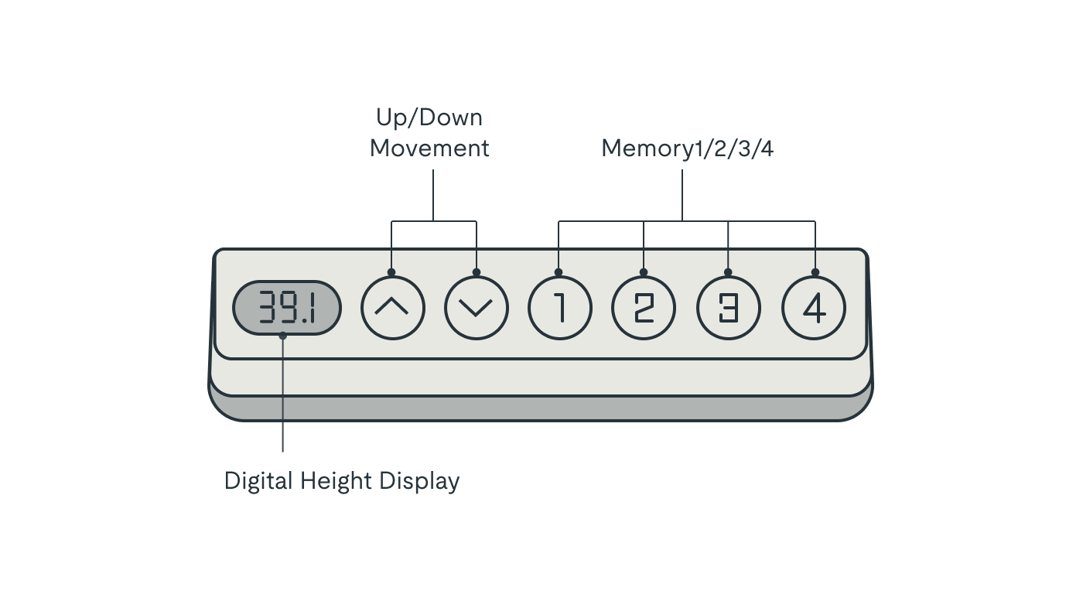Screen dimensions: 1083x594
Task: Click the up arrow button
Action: pyautogui.click(x=393, y=308)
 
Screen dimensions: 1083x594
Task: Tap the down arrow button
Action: pyautogui.click(x=477, y=308)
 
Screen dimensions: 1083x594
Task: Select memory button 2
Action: pyautogui.click(x=644, y=308)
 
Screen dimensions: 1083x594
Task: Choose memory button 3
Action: pyautogui.click(x=729, y=308)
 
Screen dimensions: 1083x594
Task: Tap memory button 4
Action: pyautogui.click(x=814, y=308)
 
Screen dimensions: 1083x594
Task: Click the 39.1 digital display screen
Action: pyautogui.click(x=287, y=308)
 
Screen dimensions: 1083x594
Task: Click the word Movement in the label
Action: pyautogui.click(x=429, y=148)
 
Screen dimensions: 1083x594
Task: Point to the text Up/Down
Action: pyautogui.click(x=429, y=118)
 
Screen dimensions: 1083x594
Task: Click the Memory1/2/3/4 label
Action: pyautogui.click(x=687, y=148)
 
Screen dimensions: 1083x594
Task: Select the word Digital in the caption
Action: pyautogui.click(x=258, y=481)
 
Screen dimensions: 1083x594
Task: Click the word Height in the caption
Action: pyautogui.click(x=336, y=481)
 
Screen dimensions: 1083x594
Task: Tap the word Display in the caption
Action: pyautogui.click(x=419, y=481)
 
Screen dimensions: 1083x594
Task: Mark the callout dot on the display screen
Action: pyautogui.click(x=283, y=336)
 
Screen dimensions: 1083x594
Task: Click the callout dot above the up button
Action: pyautogui.click(x=391, y=272)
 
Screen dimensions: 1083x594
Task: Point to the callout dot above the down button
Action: pyautogui.click(x=477, y=272)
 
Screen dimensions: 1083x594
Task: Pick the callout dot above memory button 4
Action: pyautogui.click(x=815, y=272)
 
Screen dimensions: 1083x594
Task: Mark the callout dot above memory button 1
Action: pyautogui.click(x=559, y=272)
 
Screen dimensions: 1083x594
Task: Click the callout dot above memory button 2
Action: pyautogui.click(x=644, y=272)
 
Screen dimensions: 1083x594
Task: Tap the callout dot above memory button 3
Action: pyautogui.click(x=728, y=272)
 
